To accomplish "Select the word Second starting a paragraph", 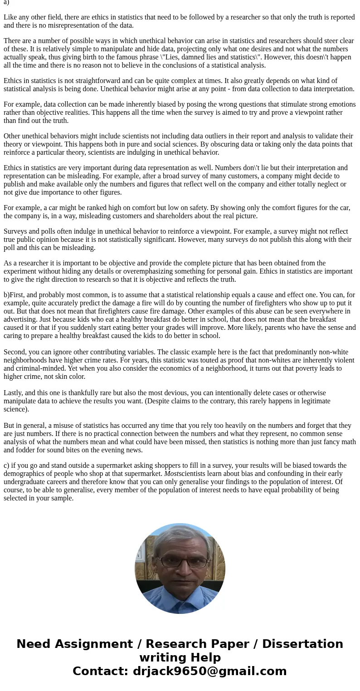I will (x=15, y=352).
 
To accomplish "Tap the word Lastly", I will (x=14, y=393).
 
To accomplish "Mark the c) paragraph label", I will (x=6, y=466).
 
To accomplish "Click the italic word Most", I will (x=171, y=474).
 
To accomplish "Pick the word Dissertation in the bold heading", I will (x=302, y=644).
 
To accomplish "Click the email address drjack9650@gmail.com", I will (x=209, y=671).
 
